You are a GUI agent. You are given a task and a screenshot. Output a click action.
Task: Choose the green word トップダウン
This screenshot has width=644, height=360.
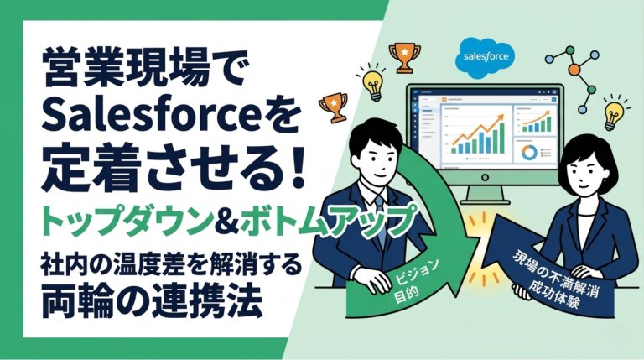[x=106, y=220]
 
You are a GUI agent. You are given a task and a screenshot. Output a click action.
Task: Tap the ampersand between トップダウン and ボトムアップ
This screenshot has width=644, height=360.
[x=221, y=220]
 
